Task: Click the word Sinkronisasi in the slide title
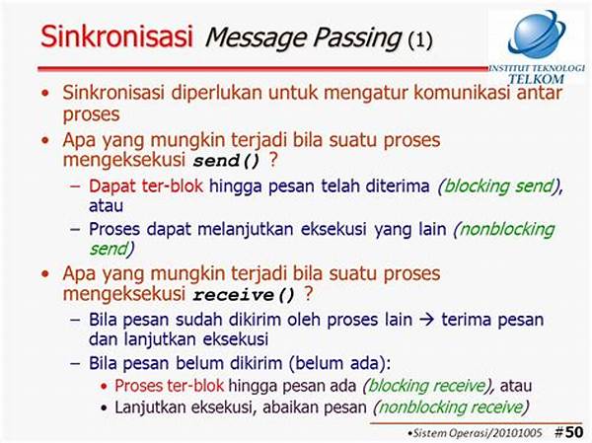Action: tap(116, 36)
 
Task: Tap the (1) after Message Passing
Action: tap(420, 39)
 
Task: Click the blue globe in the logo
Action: tap(537, 34)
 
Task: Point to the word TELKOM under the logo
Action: tap(536, 79)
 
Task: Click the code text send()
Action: tap(227, 161)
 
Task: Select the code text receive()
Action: tap(244, 295)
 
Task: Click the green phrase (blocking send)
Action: tap(499, 186)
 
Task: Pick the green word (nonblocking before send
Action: tap(504, 230)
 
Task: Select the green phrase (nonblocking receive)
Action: tap(451, 407)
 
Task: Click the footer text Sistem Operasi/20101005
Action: tap(478, 433)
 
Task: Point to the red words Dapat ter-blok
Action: tap(146, 185)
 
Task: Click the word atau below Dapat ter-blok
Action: tap(107, 206)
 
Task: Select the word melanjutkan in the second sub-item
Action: tap(246, 229)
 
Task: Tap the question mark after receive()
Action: tap(309, 293)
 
